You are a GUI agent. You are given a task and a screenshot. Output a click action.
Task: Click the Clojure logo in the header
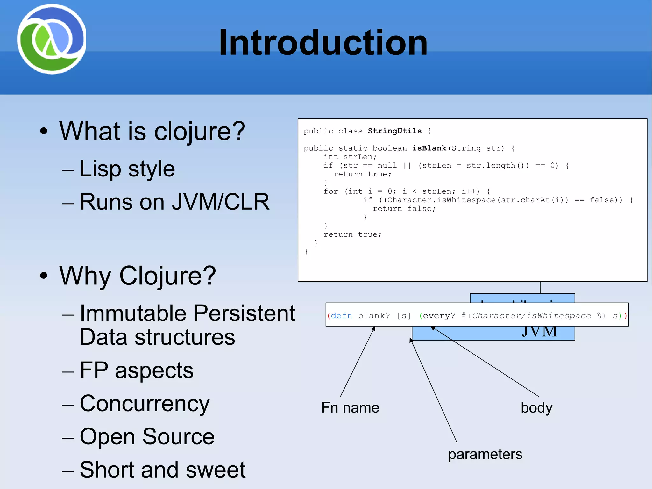pos(51,39)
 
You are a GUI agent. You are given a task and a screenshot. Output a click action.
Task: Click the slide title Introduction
pos(323,43)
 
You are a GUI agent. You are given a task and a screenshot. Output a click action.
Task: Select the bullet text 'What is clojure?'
pos(152,131)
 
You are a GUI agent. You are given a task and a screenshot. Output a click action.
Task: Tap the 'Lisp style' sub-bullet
pos(127,169)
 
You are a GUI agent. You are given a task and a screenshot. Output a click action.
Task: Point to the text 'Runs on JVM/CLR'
pos(174,202)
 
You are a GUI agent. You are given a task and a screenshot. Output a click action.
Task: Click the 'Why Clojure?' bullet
pos(138,276)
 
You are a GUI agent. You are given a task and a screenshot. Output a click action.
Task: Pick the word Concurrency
pos(145,404)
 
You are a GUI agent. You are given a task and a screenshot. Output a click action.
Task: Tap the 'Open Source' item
pos(147,437)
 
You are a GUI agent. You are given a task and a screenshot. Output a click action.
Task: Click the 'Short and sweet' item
pos(162,470)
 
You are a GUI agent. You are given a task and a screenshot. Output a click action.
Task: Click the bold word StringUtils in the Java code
pos(394,131)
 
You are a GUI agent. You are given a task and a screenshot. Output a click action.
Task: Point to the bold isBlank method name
pos(429,148)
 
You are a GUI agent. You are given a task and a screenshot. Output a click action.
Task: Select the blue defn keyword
pos(341,316)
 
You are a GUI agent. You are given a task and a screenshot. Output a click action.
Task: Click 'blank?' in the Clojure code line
pos(374,316)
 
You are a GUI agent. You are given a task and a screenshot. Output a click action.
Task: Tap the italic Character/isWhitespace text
pos(531,316)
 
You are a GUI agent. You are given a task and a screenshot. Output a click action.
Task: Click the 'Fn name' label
pos(350,408)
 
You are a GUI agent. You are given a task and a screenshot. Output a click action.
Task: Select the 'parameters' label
pos(485,454)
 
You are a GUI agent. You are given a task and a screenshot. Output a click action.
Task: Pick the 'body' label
pos(536,408)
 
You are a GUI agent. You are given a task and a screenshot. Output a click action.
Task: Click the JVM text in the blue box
pos(539,332)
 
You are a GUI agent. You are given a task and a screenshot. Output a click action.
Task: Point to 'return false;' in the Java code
pos(404,209)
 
